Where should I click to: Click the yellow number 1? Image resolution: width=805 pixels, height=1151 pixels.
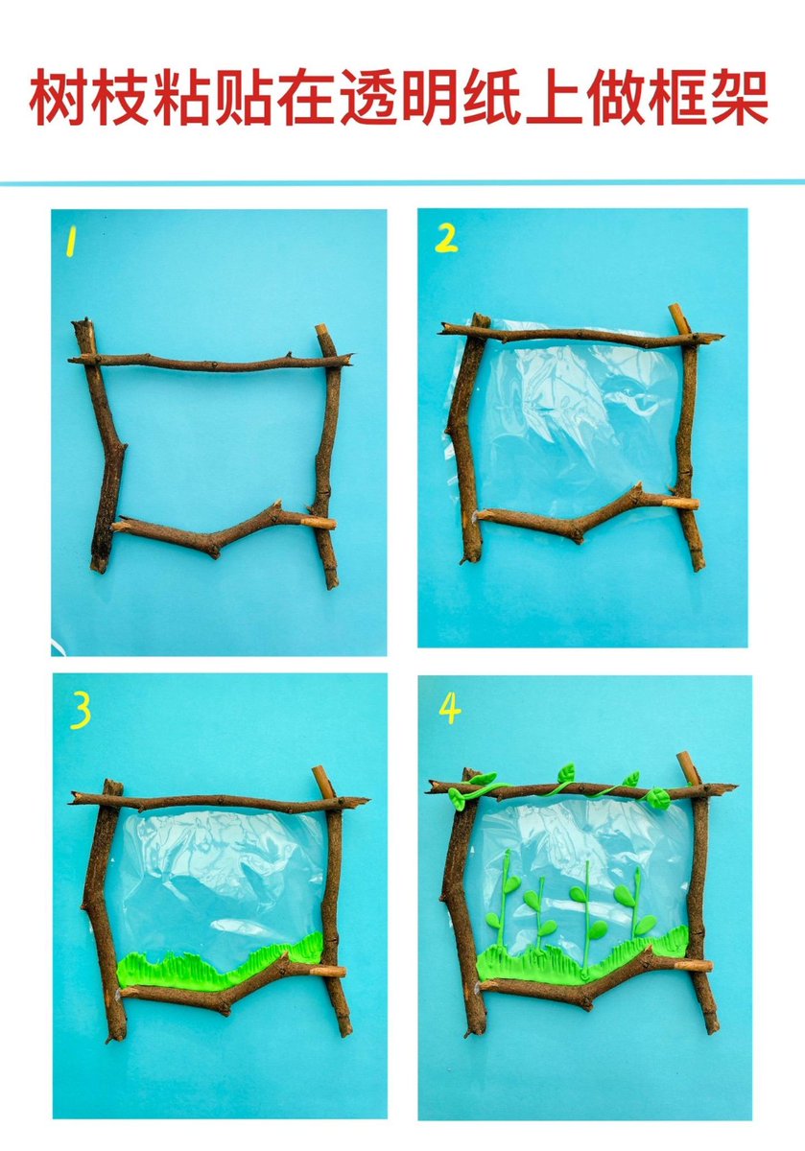tap(71, 243)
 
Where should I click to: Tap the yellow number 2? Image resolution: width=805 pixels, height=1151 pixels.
tap(446, 239)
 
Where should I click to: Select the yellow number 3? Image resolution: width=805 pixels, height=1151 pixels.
tap(81, 711)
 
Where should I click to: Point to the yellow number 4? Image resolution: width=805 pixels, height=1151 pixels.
tap(450, 708)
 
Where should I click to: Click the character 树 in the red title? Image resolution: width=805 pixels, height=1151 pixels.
tap(59, 98)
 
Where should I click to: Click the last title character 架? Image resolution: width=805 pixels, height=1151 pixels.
tap(740, 98)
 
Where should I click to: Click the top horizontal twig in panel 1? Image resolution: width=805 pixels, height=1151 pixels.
tap(211, 363)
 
